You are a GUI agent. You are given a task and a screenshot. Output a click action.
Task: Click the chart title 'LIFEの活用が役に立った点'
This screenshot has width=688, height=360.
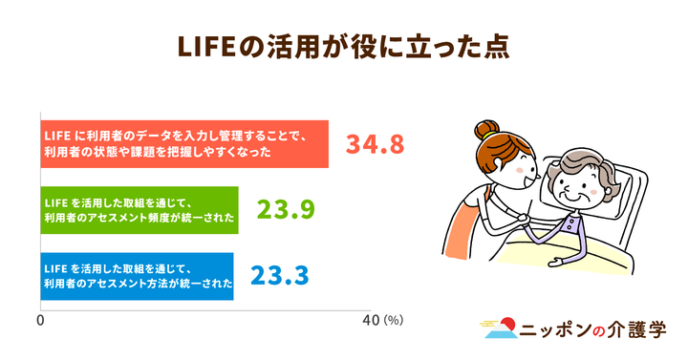[x=343, y=46]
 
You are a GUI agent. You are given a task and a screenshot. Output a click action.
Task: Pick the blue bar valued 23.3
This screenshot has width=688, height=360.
[x=138, y=276]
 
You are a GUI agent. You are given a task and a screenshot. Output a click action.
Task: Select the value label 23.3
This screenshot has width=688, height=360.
[x=279, y=276]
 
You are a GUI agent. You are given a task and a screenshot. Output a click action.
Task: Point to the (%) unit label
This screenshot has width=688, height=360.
[x=394, y=321]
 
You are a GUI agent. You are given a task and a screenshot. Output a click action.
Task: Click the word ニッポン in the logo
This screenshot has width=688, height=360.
[x=557, y=330]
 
